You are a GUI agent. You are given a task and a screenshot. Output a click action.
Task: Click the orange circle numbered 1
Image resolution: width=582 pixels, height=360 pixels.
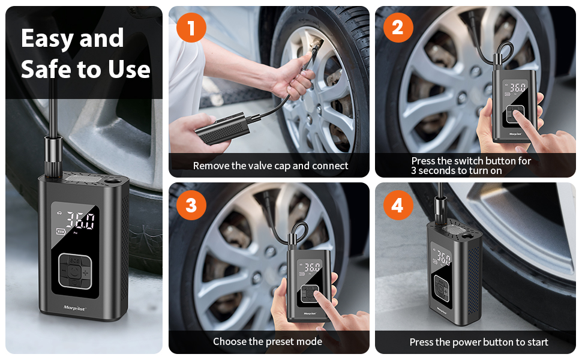point(191,28)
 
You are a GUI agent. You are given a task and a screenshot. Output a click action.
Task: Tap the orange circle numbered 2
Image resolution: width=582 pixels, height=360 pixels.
point(398,28)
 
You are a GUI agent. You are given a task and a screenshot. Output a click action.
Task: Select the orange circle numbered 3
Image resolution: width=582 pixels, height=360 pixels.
point(191,205)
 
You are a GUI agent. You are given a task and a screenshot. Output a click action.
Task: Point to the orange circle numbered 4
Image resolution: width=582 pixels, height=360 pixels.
point(398,205)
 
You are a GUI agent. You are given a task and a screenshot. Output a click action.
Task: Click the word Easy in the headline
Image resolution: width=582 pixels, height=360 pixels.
point(47,39)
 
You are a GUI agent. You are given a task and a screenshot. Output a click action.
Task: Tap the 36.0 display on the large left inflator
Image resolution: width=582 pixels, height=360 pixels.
point(80,220)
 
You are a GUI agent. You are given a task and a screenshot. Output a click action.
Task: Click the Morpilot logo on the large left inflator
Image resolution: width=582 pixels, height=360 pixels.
point(74,308)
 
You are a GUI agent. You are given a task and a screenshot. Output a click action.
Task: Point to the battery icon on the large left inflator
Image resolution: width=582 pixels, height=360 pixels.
point(60,232)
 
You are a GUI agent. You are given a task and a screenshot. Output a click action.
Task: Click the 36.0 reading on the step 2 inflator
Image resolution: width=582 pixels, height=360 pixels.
point(518,88)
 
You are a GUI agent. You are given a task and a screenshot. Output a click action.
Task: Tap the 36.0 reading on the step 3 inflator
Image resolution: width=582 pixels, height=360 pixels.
point(312,267)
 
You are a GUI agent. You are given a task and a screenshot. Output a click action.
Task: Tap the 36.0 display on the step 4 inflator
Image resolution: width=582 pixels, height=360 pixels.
point(444,257)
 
